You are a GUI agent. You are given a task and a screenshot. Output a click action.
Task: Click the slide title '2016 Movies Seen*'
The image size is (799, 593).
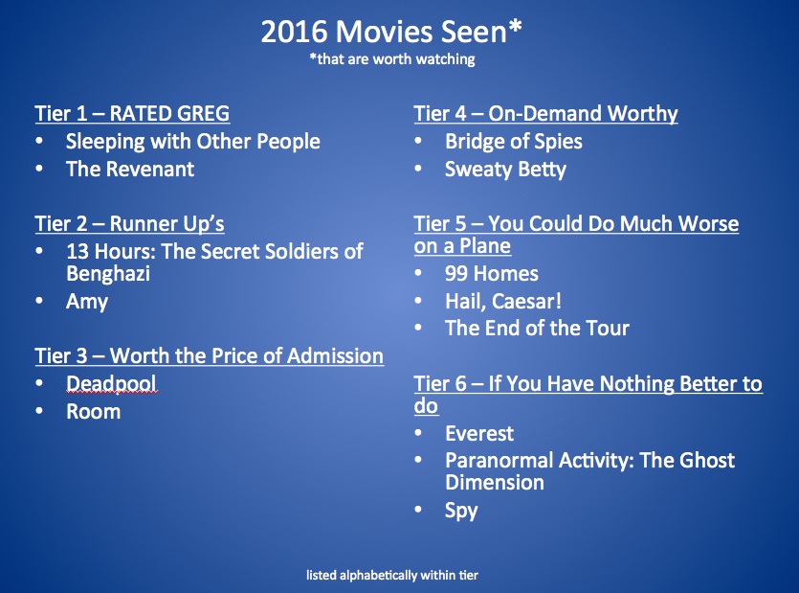coord(392,32)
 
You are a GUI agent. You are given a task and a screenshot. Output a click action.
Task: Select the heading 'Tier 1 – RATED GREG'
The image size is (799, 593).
coord(132,114)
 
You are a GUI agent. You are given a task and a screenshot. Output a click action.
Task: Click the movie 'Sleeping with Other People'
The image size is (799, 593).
coord(192,142)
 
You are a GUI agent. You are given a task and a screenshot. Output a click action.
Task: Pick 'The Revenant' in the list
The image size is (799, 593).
coord(129,170)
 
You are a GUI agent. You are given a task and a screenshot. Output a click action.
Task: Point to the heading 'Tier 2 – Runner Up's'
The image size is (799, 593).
coord(129,224)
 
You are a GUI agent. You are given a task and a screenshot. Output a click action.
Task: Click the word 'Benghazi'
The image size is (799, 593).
coord(108,273)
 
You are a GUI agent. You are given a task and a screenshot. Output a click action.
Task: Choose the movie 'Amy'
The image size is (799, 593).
coord(87,302)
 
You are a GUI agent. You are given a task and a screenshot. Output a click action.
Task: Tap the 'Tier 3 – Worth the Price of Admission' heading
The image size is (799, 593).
coord(209,356)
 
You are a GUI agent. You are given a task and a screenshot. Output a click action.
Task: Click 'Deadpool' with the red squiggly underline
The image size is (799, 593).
coord(111,384)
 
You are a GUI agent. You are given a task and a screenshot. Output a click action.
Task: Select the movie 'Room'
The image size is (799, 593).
coord(93,412)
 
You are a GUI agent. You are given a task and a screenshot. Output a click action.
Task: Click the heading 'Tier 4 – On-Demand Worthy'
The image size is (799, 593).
coord(545,114)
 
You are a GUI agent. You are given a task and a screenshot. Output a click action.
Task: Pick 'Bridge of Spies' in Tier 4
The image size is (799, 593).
coord(513,142)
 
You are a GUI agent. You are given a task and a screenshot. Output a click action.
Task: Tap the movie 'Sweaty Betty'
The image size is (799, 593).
coord(505,170)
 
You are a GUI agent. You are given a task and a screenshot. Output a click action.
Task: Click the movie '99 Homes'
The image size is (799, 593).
coord(492,274)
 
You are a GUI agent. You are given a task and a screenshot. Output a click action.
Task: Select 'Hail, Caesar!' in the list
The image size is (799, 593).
coord(503,302)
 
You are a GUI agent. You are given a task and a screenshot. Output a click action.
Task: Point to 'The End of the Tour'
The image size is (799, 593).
coord(537,329)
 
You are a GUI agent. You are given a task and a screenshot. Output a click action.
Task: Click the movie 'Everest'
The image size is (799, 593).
coord(479,434)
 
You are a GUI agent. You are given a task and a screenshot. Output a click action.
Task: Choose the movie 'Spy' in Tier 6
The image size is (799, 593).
coord(461,510)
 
